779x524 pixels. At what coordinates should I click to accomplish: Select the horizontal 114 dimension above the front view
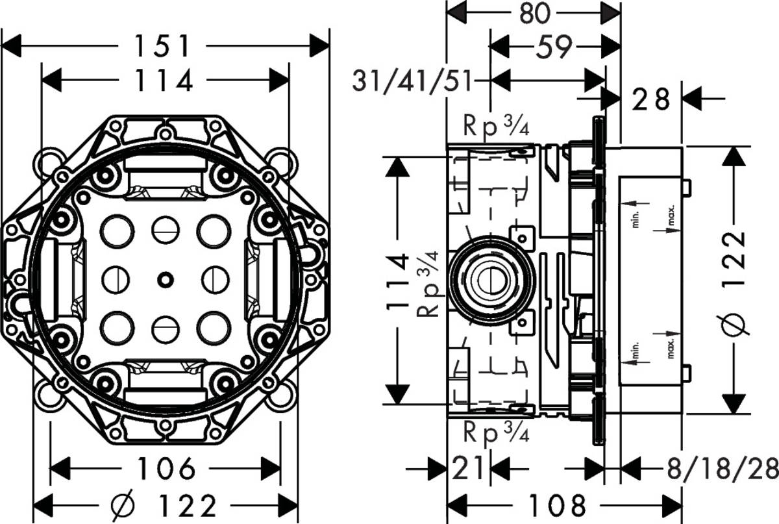click(165, 81)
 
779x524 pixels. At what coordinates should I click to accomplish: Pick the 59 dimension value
click(554, 46)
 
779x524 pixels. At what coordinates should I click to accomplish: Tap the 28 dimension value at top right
click(650, 99)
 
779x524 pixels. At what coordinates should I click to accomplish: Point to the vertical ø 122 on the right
click(732, 279)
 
